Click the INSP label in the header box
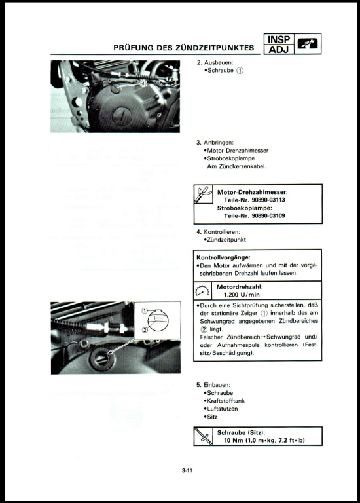tap(279, 40)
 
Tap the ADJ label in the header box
tap(279, 49)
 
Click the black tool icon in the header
tap(307, 44)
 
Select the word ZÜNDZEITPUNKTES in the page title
tap(215, 48)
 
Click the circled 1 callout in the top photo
tap(143, 83)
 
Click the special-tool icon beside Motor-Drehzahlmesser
tap(204, 194)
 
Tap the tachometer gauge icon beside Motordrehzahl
tap(203, 291)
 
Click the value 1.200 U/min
tap(242, 295)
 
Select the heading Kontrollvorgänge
tap(223, 257)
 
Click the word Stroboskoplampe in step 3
tap(231, 158)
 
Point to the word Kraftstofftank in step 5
tap(226, 401)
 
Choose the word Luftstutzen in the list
tap(223, 409)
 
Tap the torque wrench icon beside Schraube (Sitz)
tap(204, 436)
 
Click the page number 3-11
tap(187, 471)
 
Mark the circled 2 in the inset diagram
tap(145, 329)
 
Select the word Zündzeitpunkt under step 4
tap(226, 240)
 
